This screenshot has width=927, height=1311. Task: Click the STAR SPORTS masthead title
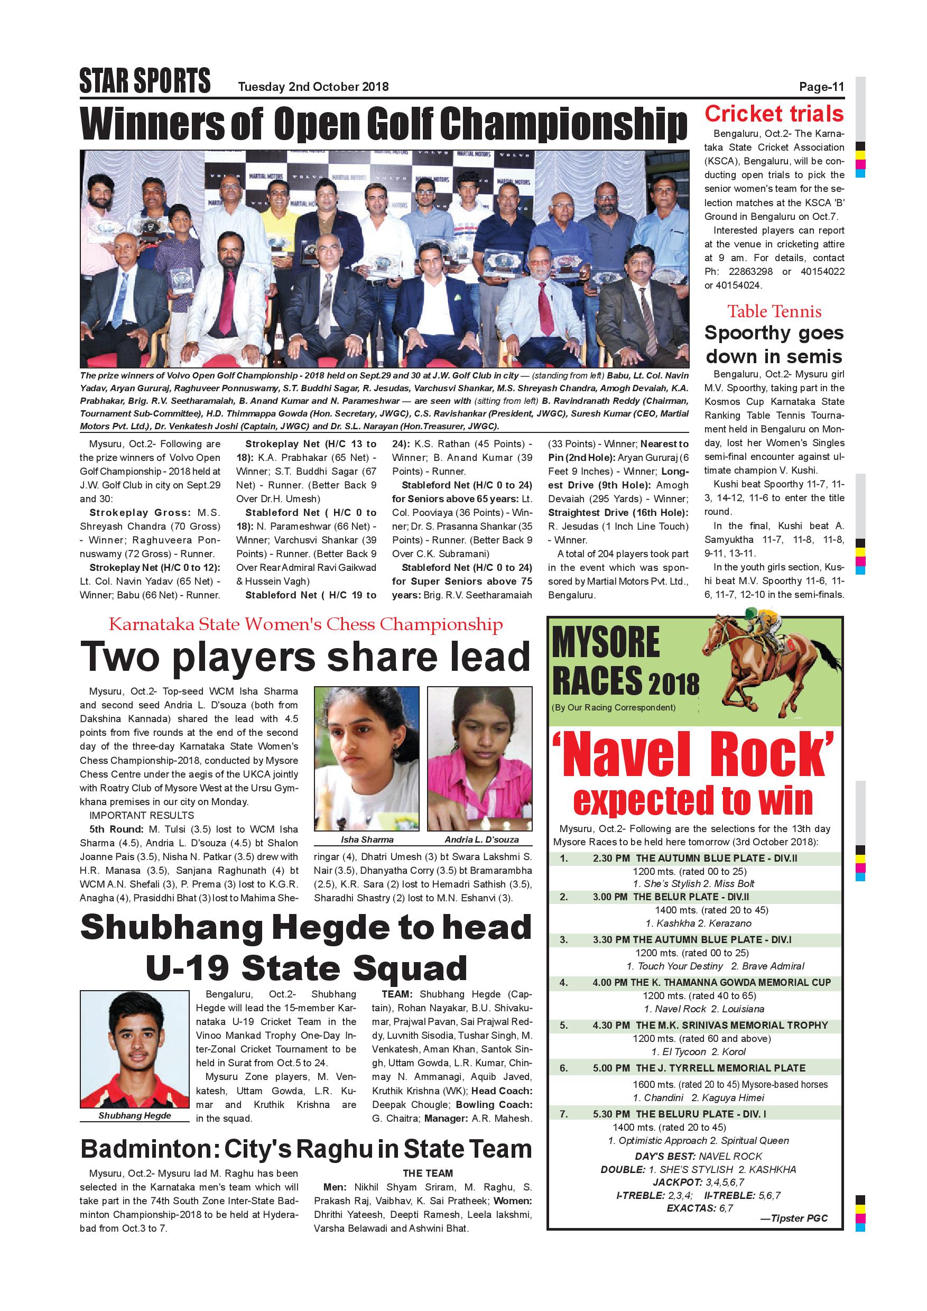click(145, 80)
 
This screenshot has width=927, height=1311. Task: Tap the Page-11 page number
click(821, 87)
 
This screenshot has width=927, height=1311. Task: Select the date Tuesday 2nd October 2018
click(313, 87)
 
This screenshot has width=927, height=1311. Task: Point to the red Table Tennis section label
click(774, 311)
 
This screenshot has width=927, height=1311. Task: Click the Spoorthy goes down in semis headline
click(774, 344)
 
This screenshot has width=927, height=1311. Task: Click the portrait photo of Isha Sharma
click(366, 758)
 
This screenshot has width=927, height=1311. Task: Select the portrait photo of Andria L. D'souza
click(479, 758)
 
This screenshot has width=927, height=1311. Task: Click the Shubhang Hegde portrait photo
click(135, 1049)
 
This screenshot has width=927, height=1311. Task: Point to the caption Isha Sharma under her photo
click(366, 839)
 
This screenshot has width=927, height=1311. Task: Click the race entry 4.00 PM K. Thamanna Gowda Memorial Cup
click(711, 983)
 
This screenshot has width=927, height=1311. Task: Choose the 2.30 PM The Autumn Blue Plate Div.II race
click(694, 858)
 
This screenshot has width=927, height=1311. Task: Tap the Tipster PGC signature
click(793, 1218)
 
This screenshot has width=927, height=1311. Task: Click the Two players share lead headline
click(305, 657)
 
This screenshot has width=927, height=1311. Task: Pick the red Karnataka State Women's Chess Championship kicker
click(305, 624)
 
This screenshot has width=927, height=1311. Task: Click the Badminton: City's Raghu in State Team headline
click(305, 1149)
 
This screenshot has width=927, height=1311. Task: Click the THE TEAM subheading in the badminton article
click(428, 1174)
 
